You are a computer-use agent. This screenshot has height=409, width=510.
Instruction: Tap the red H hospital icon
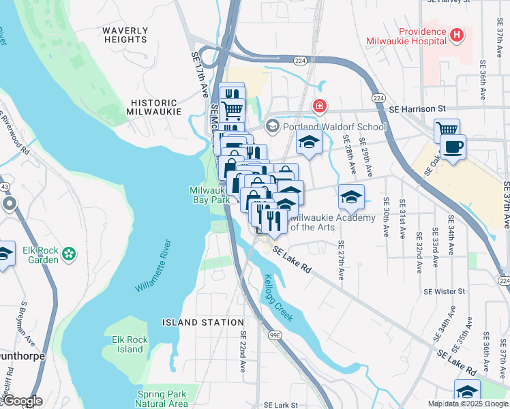point(457,33)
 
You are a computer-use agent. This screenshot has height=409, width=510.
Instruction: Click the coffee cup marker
point(453,147)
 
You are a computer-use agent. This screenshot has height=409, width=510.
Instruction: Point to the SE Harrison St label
point(417,108)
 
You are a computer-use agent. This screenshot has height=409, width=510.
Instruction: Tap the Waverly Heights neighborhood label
point(125,35)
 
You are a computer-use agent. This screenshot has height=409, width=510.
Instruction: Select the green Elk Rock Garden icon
point(68,254)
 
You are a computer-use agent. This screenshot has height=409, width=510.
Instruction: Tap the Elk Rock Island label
point(129,344)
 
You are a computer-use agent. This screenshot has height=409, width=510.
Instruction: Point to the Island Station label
point(202,322)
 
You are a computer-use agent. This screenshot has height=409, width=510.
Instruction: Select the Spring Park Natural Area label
point(162,399)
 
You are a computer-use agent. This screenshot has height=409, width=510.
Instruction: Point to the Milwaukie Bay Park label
point(209,195)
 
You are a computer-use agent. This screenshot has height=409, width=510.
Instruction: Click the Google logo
point(22,401)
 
